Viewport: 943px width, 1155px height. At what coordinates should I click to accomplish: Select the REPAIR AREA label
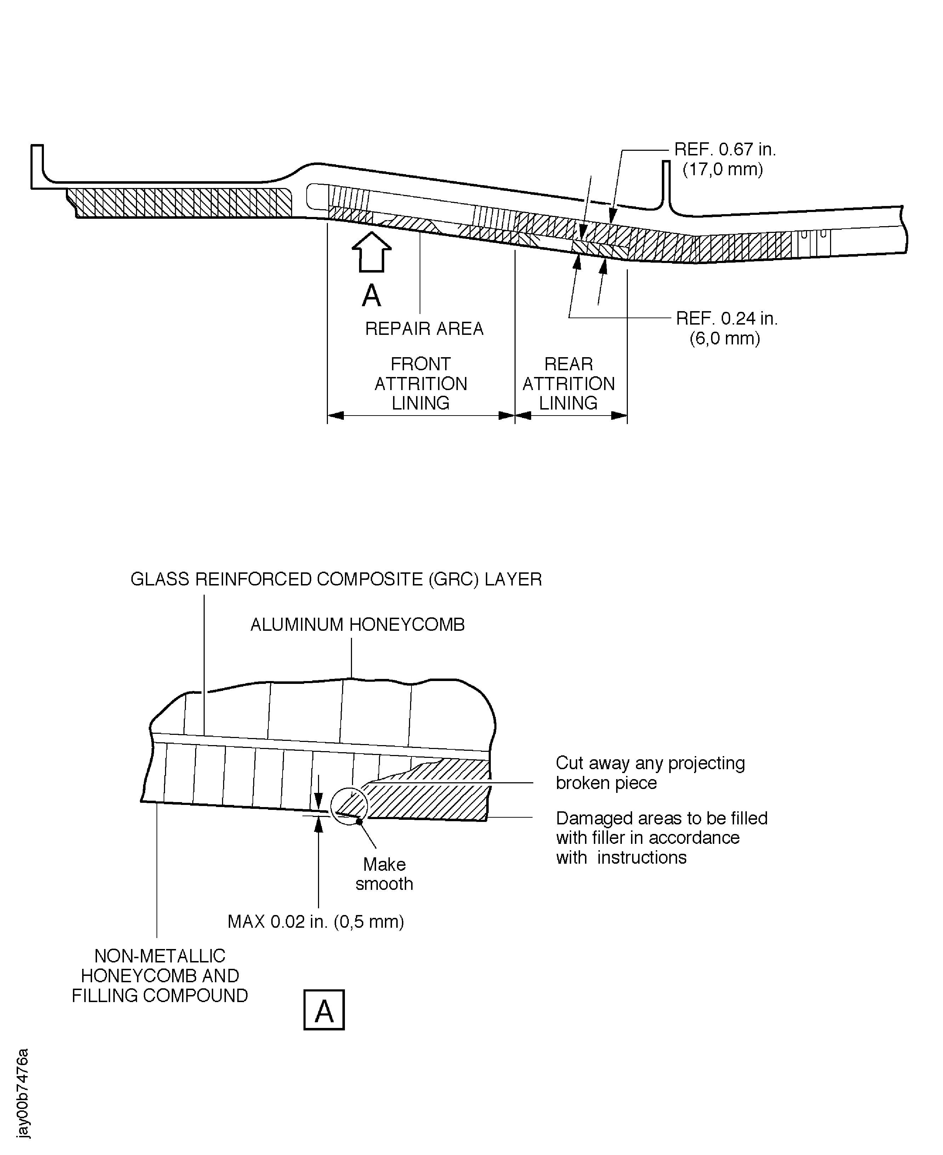[x=424, y=328]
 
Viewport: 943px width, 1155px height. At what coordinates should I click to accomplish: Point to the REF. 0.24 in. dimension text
[x=726, y=318]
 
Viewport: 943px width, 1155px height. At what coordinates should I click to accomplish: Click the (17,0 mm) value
[x=722, y=170]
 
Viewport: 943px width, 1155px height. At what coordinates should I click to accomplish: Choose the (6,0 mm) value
[x=725, y=338]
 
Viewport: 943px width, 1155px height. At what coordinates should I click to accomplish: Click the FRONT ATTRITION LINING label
[x=420, y=383]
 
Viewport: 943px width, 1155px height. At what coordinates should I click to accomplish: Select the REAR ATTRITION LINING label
[x=568, y=383]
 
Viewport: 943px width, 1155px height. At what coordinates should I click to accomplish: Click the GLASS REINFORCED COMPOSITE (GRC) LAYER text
[x=336, y=579]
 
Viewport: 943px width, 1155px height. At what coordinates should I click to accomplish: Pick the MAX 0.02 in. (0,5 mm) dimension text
[x=316, y=921]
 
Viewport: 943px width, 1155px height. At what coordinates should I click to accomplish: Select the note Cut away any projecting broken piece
[x=650, y=773]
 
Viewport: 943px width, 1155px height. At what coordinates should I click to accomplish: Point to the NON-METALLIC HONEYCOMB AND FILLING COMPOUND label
[x=160, y=976]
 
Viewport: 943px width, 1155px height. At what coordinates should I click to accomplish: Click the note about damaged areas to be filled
[x=661, y=838]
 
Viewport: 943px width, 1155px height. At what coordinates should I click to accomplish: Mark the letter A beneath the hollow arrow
[x=371, y=296]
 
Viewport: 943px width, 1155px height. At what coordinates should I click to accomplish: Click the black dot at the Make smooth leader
[x=359, y=822]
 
